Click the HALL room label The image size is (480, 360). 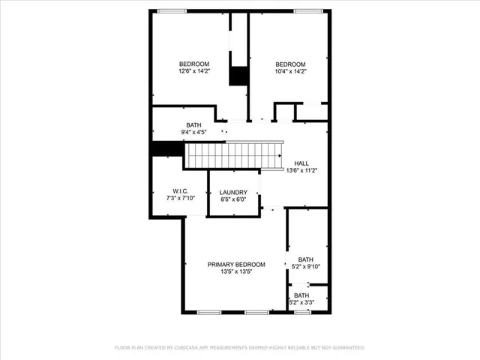click(x=301, y=163)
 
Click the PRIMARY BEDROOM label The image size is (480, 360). click(x=236, y=264)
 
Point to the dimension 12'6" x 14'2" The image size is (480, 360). click(x=193, y=72)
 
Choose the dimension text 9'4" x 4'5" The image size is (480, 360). click(x=193, y=133)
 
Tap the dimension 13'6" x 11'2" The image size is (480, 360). click(x=301, y=170)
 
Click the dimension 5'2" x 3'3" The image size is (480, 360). click(x=301, y=302)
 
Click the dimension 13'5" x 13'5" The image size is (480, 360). click(x=236, y=271)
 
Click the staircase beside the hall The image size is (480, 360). click(x=232, y=155)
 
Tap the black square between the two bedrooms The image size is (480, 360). click(x=238, y=76)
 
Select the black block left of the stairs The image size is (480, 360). click(x=167, y=148)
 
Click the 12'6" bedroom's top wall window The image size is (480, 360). click(x=172, y=10)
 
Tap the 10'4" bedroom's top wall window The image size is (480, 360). click(x=307, y=10)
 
